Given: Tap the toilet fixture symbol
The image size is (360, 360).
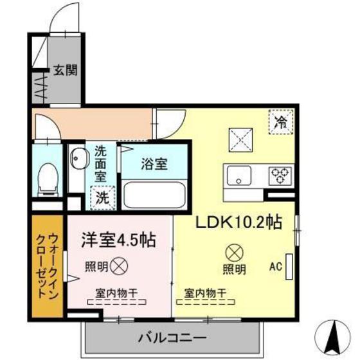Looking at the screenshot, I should coord(46,177).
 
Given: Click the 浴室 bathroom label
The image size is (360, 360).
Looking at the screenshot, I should coord(154,163).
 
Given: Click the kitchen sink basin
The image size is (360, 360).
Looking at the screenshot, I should coord(238,174).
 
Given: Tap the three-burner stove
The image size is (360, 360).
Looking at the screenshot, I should coord(280,174).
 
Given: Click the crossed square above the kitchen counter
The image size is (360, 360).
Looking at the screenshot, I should coord(242,139).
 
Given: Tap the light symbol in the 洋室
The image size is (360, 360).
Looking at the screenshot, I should coord(119,264).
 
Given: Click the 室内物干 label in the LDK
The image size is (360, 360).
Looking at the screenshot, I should coord(205,293).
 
